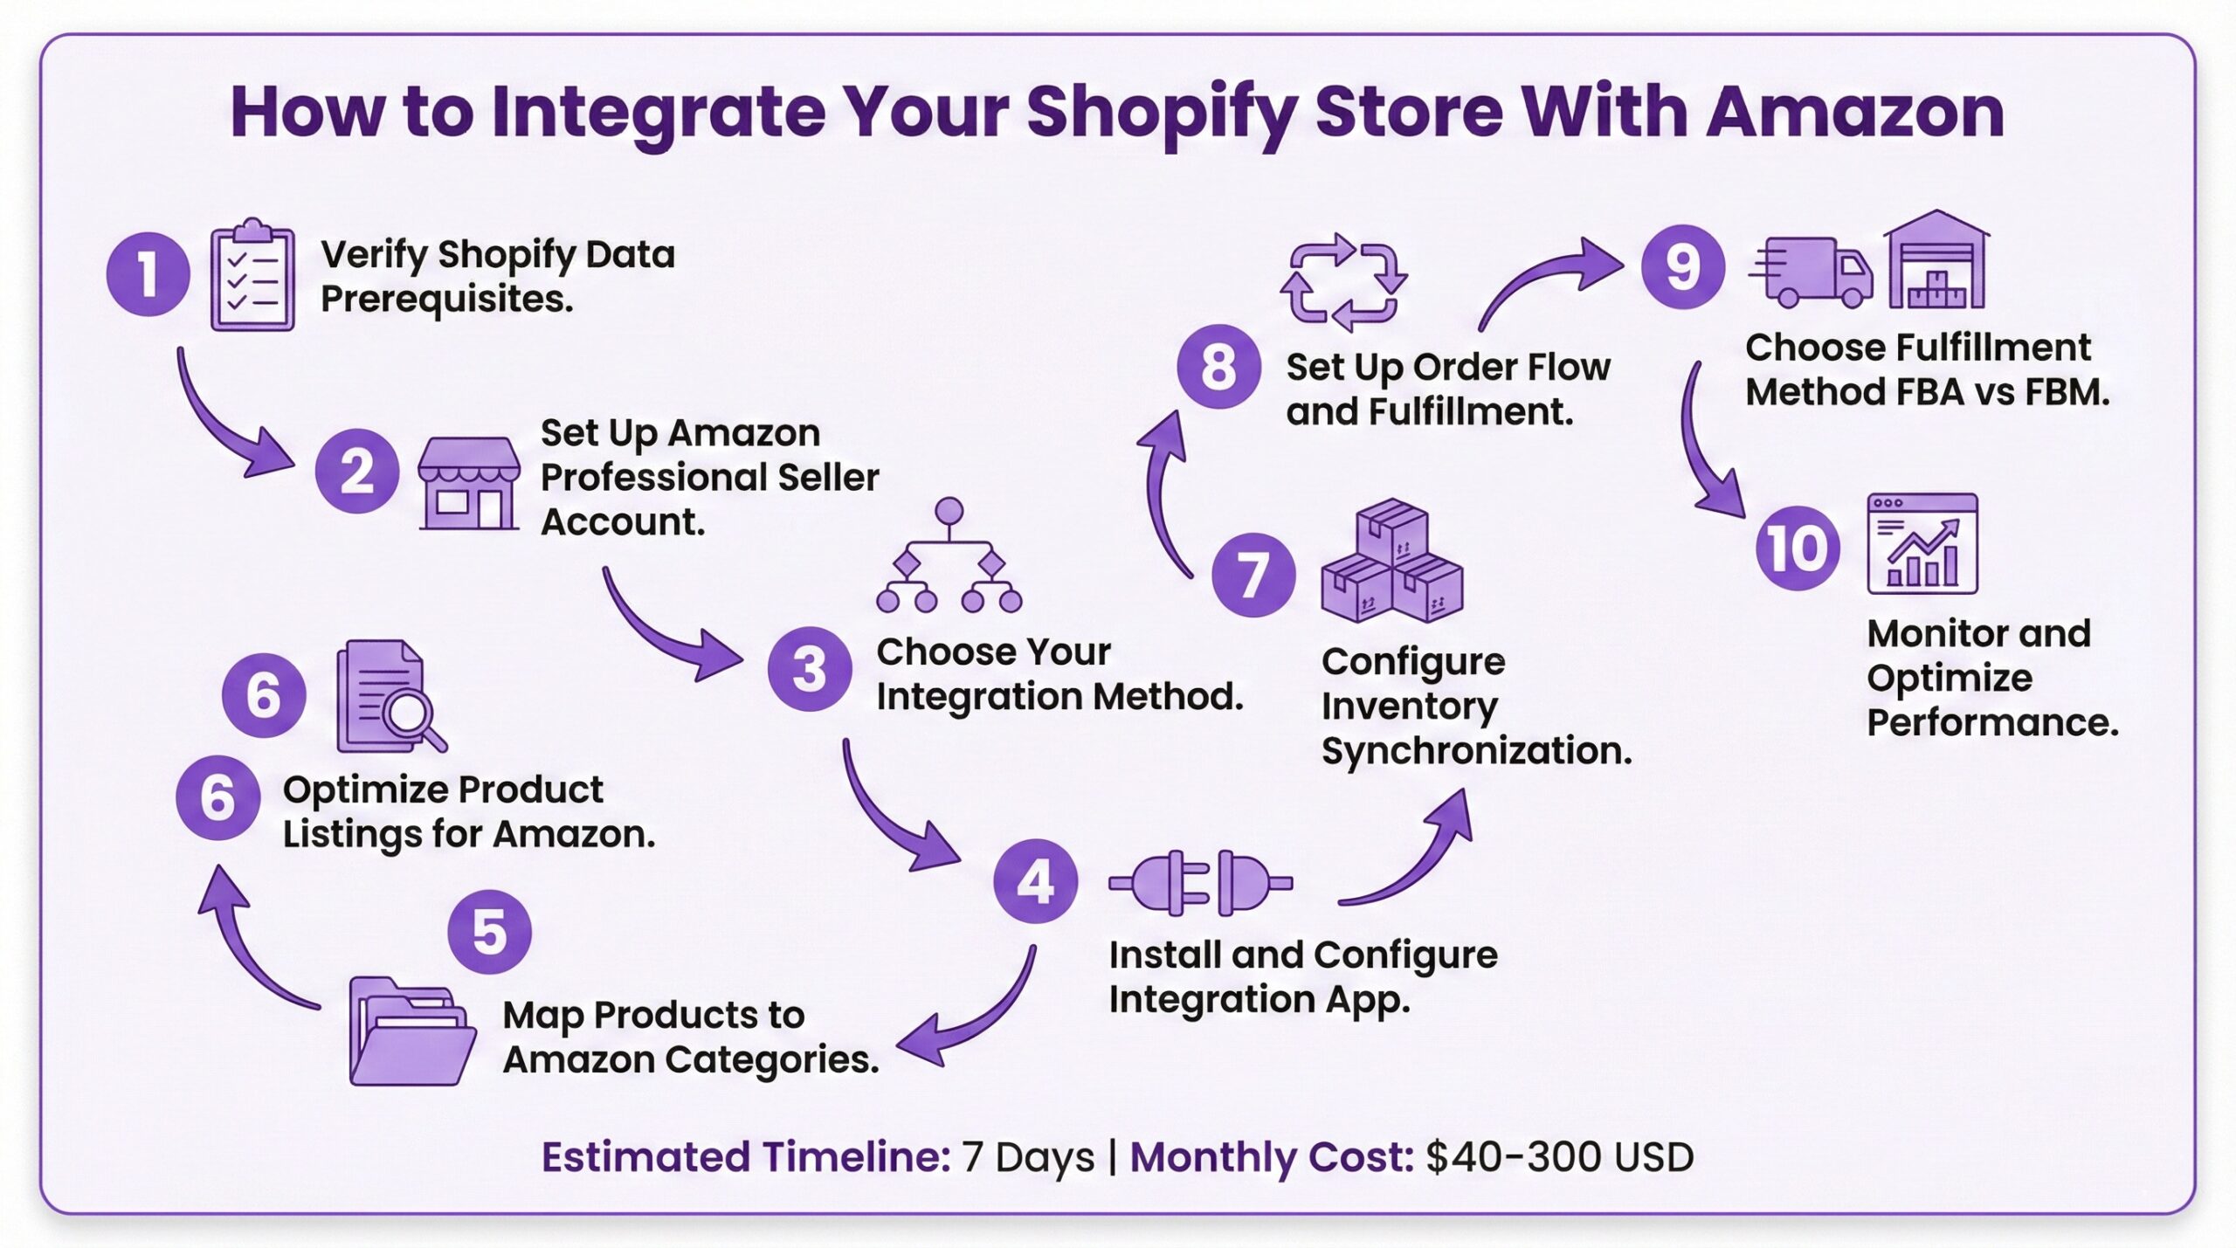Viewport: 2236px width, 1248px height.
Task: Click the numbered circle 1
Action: tap(148, 274)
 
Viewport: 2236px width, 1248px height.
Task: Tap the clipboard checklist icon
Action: tap(252, 276)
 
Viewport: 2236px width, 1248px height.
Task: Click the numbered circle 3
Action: tap(809, 669)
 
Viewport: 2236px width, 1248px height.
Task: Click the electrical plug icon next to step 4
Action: tap(1200, 883)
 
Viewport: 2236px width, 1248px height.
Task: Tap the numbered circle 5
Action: tap(489, 932)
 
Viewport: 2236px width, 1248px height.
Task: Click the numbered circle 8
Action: tap(1218, 367)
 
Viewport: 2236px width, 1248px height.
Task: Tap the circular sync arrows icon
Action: tap(1343, 282)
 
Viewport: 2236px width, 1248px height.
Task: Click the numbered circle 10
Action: tap(1798, 548)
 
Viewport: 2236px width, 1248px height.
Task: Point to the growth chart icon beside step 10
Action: tap(1922, 544)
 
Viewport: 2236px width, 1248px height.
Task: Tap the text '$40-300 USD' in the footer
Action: tap(1559, 1157)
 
